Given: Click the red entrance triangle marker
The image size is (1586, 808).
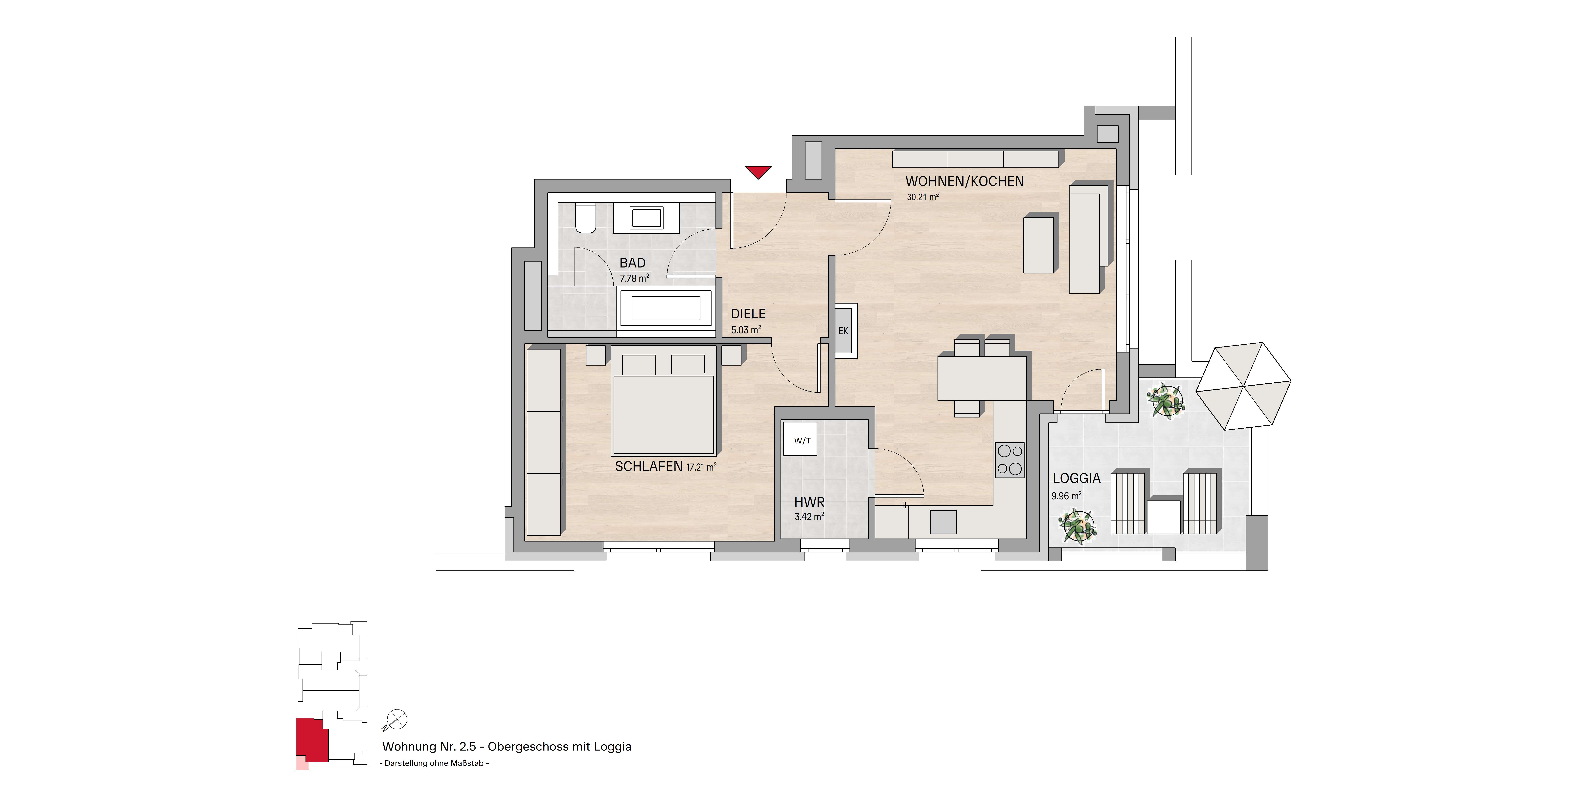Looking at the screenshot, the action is (x=758, y=171).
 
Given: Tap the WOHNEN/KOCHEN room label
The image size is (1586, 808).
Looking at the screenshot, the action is (x=964, y=181).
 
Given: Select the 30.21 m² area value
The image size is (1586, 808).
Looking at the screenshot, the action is (x=922, y=198).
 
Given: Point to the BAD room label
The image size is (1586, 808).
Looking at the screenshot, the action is (x=632, y=263).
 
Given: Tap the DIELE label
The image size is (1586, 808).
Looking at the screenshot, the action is (x=748, y=314).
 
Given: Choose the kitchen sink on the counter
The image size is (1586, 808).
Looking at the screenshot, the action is (x=943, y=522).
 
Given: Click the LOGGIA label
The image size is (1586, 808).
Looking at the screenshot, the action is (x=1076, y=478).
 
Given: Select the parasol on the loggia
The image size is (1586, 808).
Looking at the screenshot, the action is (x=1243, y=386).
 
